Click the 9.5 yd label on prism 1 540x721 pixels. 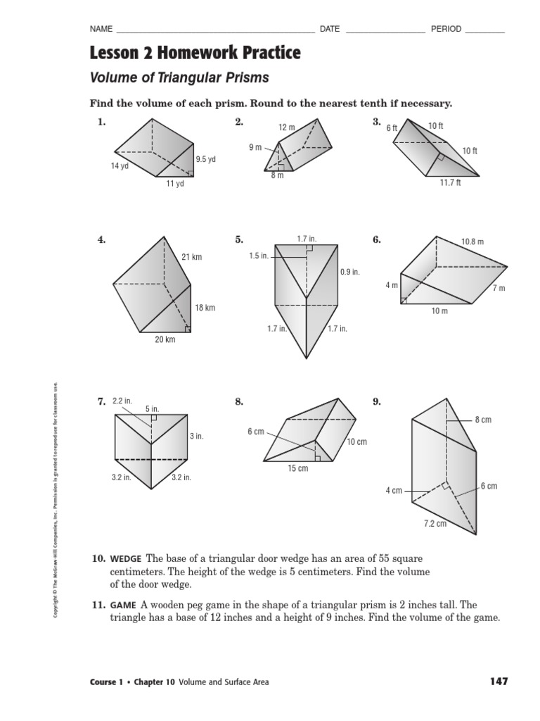click(x=205, y=160)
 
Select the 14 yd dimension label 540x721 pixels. click(x=119, y=166)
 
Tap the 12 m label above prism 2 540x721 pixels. click(x=286, y=127)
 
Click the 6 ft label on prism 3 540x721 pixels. click(x=392, y=128)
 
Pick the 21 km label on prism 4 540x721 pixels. click(x=191, y=257)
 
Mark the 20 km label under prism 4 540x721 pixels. click(x=165, y=339)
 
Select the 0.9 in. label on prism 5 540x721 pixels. click(x=350, y=272)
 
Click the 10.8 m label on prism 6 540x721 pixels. click(x=472, y=242)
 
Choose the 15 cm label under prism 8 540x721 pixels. click(x=298, y=468)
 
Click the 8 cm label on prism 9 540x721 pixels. click(x=483, y=420)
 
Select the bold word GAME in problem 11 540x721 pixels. click(x=122, y=605)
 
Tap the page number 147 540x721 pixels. click(x=497, y=682)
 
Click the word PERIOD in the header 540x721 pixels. click(x=446, y=29)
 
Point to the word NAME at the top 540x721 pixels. click(x=101, y=29)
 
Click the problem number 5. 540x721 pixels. click(x=239, y=239)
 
